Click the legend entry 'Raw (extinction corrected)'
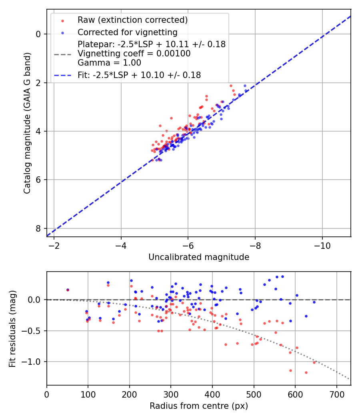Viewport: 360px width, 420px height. click(132, 20)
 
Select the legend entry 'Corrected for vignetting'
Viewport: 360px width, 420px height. click(128, 32)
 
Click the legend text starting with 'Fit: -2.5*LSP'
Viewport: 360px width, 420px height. click(139, 75)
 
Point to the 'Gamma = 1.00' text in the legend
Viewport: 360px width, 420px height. click(109, 63)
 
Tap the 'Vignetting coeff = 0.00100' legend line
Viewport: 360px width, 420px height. click(134, 54)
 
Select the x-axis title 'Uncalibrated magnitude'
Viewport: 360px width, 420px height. click(199, 257)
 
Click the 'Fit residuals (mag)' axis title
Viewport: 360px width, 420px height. click(12, 328)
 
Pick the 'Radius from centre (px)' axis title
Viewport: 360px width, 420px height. click(199, 406)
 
